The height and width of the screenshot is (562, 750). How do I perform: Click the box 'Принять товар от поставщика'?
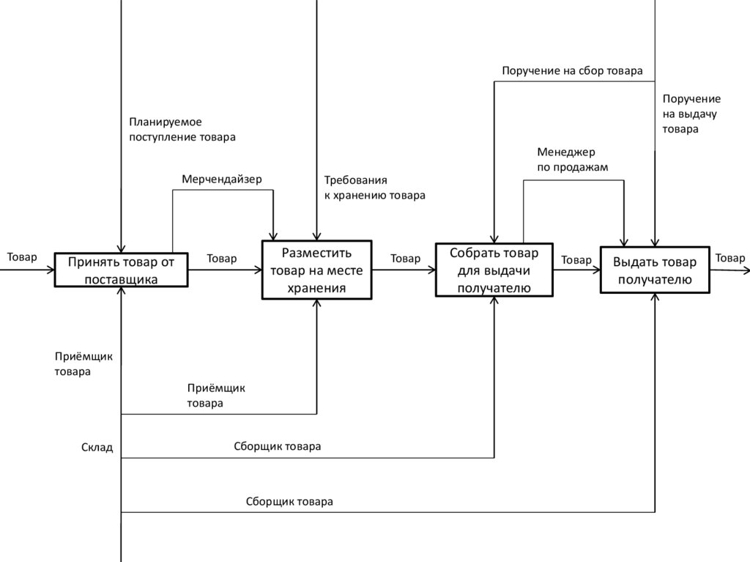pos(121,270)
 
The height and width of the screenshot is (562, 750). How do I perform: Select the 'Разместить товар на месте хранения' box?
pos(316,270)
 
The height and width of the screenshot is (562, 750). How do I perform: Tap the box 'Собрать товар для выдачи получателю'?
pos(494,270)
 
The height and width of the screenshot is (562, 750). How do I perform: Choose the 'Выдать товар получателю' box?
pos(655,270)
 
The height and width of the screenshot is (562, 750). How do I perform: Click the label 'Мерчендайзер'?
pos(222,179)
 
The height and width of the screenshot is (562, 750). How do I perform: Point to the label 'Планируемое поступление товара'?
pos(182,129)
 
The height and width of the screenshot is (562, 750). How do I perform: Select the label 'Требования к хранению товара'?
pos(374,188)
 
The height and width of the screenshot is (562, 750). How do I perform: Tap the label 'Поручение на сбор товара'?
pos(572,71)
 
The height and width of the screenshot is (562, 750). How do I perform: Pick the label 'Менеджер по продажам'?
pos(572,160)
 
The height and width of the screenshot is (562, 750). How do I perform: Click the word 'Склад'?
pos(97,447)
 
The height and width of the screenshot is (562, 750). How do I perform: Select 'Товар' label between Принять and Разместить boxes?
pos(222,259)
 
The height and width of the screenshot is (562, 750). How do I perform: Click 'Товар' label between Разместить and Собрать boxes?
pos(405,259)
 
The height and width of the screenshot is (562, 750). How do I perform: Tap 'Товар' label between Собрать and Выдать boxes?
pos(576,260)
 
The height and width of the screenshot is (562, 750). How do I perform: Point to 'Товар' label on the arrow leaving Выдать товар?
pos(729,258)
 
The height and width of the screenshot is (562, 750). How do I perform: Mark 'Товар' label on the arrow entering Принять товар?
pos(22,257)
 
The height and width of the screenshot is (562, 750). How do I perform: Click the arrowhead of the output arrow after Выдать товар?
pos(746,270)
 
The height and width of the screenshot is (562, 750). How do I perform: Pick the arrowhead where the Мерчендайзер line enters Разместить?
pos(273,235)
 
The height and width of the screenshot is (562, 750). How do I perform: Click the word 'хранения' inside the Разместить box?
pos(316,288)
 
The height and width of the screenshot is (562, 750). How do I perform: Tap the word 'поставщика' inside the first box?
pos(121,279)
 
